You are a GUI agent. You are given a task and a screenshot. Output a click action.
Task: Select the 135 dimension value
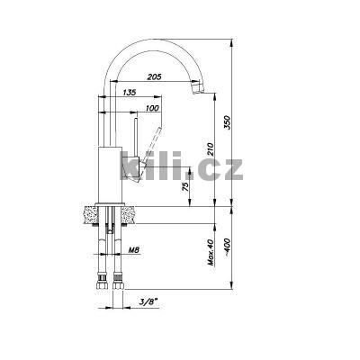coord(130,92)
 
